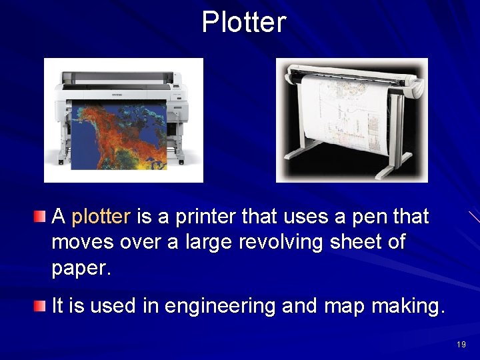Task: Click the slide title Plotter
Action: click(x=244, y=22)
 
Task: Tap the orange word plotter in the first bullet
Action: click(x=101, y=217)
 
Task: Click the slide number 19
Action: click(x=461, y=345)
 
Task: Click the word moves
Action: click(x=83, y=242)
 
